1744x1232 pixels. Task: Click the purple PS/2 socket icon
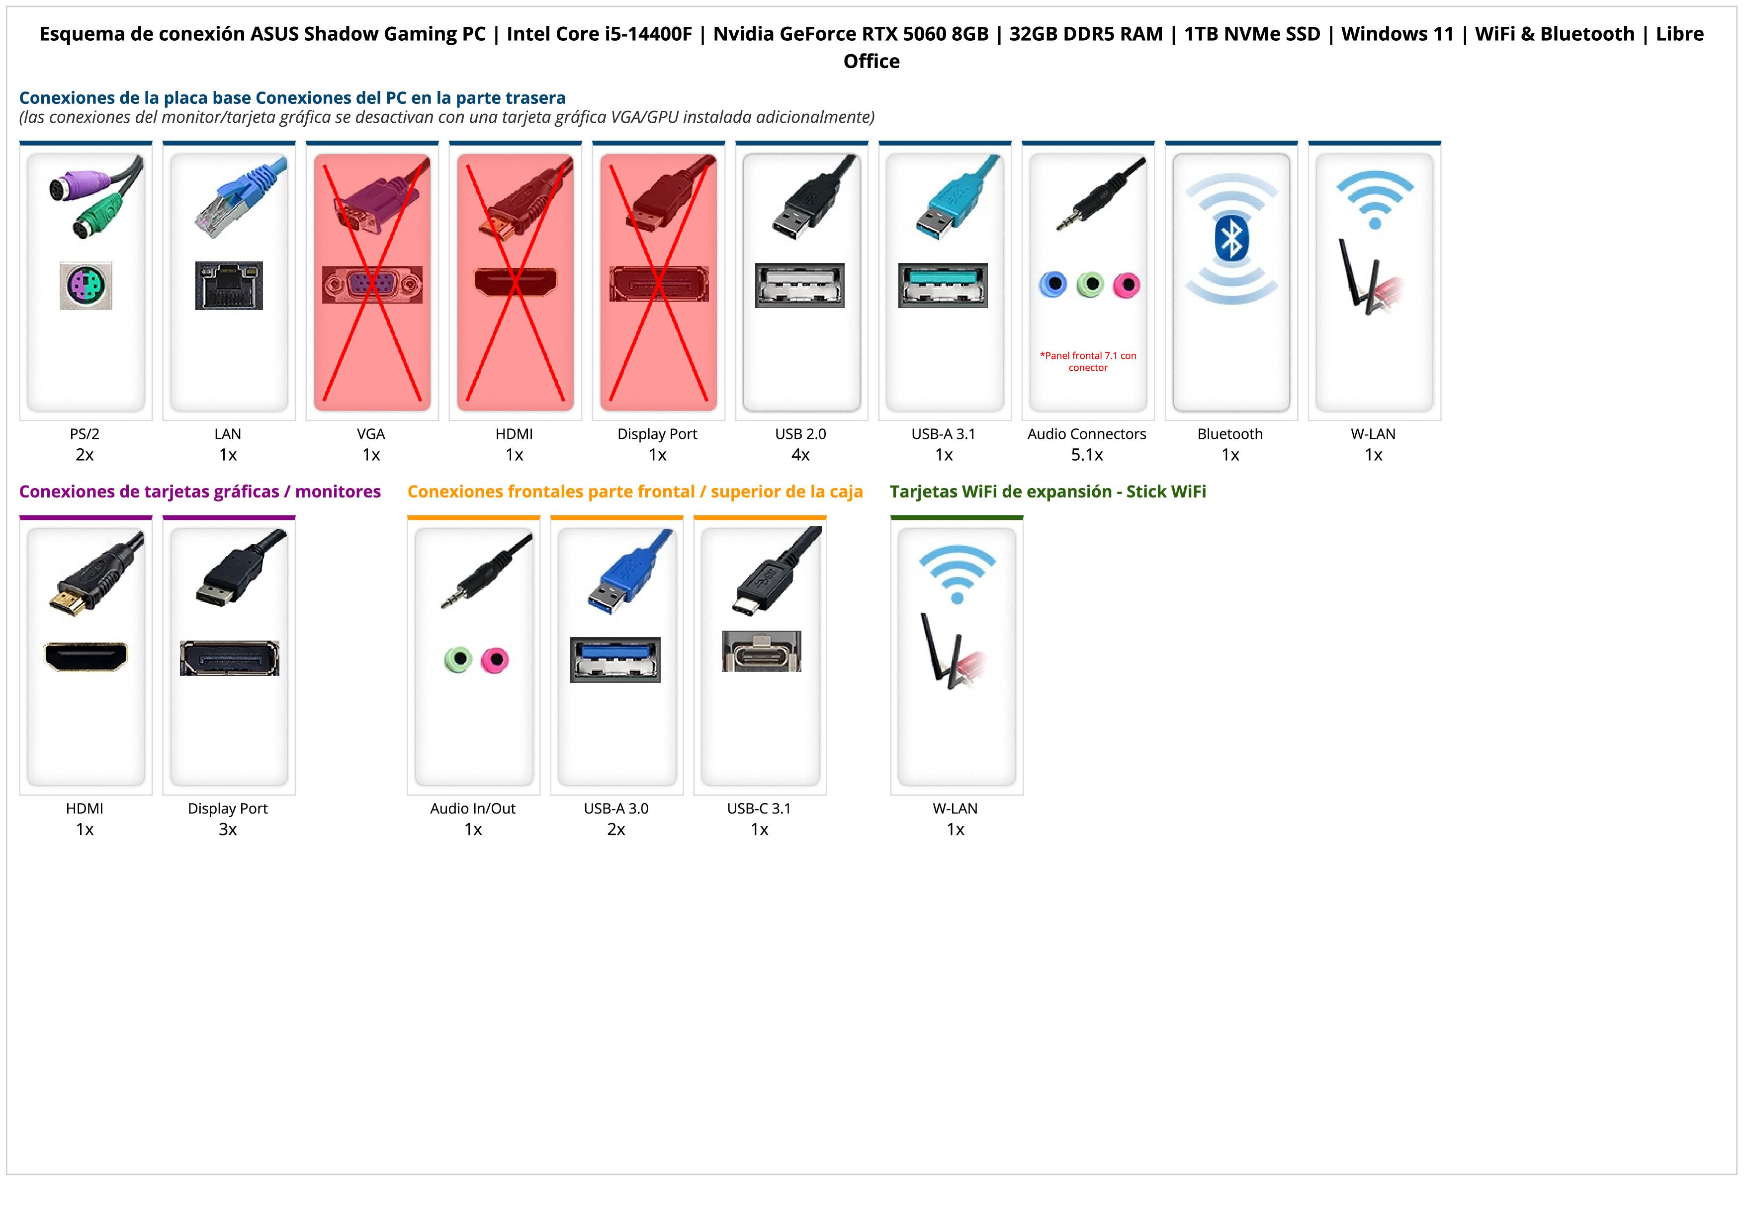point(86,285)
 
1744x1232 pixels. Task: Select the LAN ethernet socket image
point(229,285)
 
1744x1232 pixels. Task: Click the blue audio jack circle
point(1053,285)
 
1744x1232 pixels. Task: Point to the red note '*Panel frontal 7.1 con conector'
point(1088,361)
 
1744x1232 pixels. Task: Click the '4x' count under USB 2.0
point(800,455)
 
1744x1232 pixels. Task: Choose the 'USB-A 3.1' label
point(944,434)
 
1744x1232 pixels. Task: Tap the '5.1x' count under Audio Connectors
point(1087,455)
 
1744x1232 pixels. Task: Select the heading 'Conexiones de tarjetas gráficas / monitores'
point(200,492)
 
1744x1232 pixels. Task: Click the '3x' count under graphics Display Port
point(228,829)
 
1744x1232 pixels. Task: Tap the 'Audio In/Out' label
point(472,809)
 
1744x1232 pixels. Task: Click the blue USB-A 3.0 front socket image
point(615,659)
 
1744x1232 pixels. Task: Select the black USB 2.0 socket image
point(800,285)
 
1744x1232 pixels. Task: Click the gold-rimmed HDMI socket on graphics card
point(86,657)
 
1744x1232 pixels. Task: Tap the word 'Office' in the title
point(871,62)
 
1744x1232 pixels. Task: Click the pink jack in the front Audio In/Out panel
point(495,659)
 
